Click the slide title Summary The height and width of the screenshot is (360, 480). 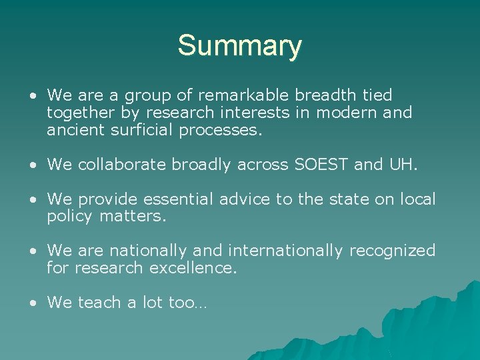coord(239,46)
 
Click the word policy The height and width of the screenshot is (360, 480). coord(71,217)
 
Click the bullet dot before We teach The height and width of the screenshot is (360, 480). coord(33,303)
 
